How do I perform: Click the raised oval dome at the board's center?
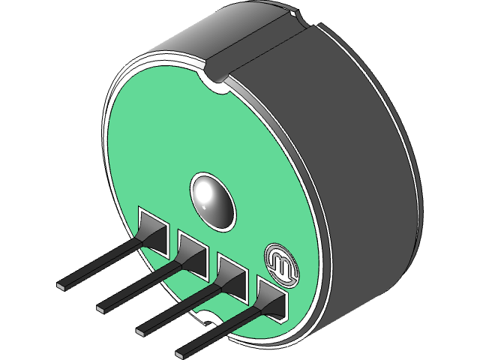(212, 199)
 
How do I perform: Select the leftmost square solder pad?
(155, 229)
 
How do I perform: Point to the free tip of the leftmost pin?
(62, 286)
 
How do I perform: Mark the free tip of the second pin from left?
(102, 307)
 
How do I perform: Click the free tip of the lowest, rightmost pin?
(181, 350)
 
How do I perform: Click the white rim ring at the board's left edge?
(107, 150)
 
